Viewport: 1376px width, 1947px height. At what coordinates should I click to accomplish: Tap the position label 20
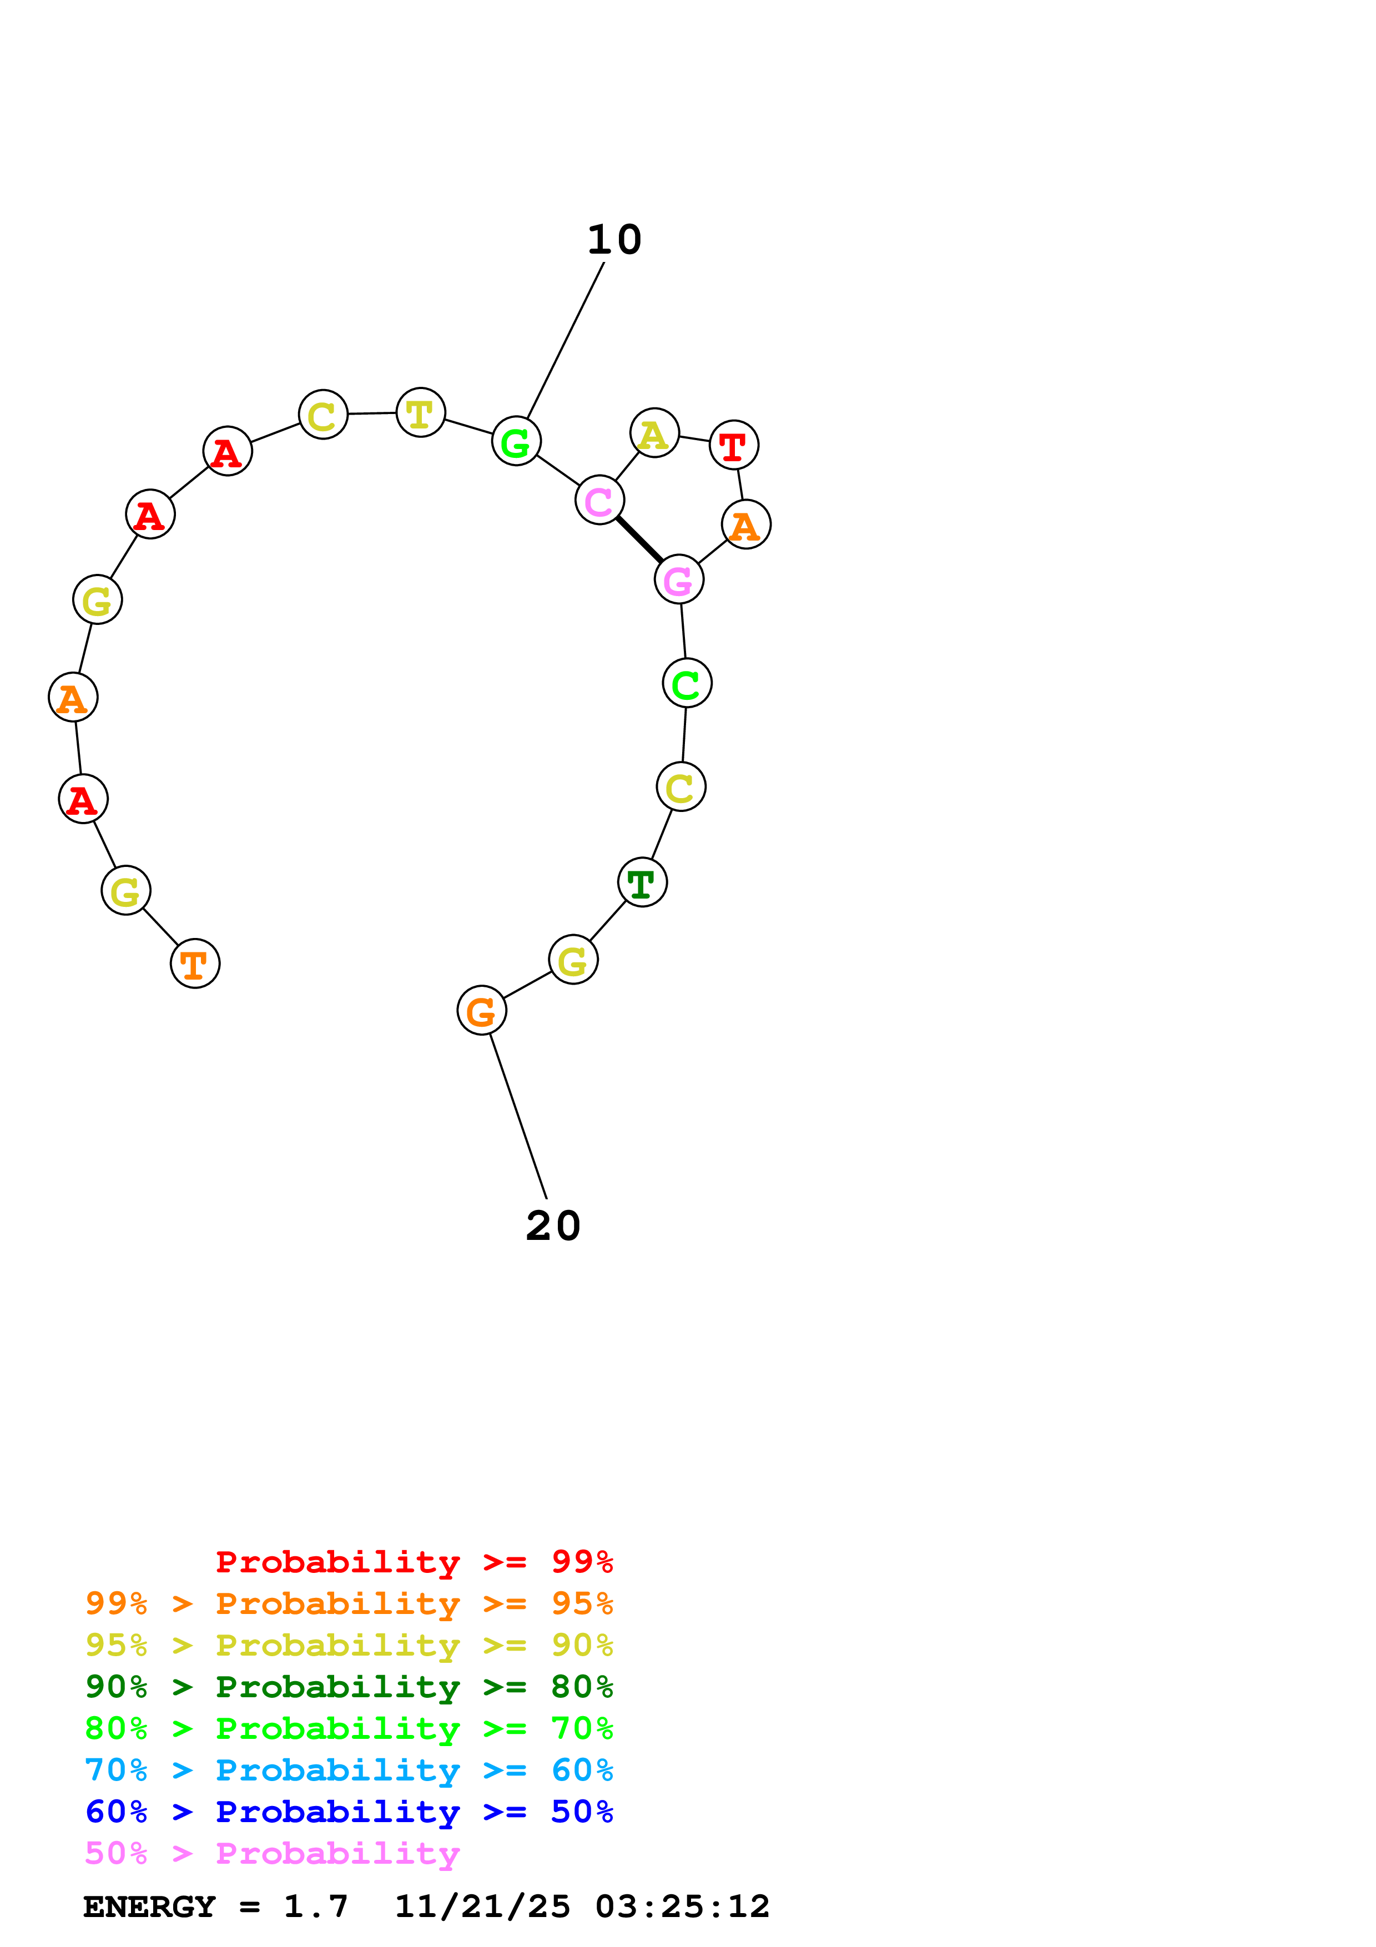[553, 1226]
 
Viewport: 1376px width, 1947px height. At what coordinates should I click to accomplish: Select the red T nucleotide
[733, 445]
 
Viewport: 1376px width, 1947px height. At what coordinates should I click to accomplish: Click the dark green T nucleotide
[642, 883]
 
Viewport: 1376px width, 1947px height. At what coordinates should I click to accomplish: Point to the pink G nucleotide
[678, 580]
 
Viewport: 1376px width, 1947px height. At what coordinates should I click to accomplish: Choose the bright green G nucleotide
[516, 442]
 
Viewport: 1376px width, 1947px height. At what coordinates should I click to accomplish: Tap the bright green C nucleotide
[687, 683]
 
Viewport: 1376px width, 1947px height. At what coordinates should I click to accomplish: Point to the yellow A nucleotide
[654, 433]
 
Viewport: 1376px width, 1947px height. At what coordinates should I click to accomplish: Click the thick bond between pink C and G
[639, 540]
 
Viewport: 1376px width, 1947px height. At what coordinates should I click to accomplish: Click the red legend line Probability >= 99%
[414, 1562]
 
